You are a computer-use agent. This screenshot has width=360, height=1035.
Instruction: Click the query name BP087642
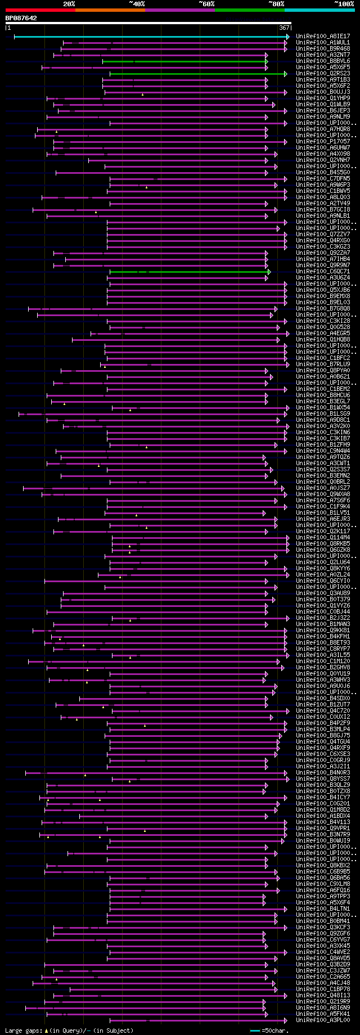click(21, 18)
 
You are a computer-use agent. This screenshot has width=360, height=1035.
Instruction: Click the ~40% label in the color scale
click(137, 4)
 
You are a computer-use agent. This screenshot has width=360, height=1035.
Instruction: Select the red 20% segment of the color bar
click(40, 10)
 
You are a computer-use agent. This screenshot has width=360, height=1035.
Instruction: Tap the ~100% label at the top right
click(344, 4)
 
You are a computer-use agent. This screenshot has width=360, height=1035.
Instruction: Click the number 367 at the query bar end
click(283, 28)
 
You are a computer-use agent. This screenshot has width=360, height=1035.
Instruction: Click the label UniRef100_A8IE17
click(323, 37)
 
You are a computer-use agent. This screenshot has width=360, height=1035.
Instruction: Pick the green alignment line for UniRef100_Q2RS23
click(197, 74)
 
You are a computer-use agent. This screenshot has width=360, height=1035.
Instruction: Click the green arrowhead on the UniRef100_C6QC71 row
click(269, 272)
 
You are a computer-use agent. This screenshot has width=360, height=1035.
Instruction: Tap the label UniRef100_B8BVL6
click(323, 61)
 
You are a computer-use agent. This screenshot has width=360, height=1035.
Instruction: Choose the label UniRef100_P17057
click(323, 142)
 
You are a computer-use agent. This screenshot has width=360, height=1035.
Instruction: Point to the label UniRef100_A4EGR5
click(323, 334)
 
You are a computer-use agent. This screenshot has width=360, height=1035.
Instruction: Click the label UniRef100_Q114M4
click(323, 538)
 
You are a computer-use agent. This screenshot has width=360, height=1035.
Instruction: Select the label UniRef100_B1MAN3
click(323, 624)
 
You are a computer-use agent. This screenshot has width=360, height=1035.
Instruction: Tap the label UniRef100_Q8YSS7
click(323, 779)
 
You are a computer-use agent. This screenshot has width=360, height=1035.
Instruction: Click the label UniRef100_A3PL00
click(323, 1020)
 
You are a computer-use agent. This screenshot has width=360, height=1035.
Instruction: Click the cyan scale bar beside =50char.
click(255, 1030)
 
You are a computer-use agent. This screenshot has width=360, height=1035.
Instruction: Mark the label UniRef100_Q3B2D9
click(323, 965)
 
